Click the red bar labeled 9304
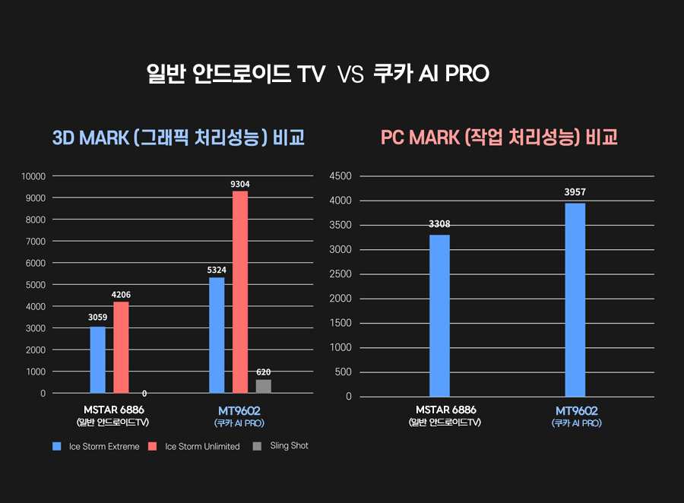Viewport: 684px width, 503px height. (x=240, y=292)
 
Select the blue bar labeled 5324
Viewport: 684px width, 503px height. (x=217, y=335)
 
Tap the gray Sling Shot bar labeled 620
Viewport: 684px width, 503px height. (x=263, y=386)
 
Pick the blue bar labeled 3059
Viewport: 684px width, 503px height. (x=97, y=359)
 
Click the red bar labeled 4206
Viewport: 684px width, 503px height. (x=121, y=347)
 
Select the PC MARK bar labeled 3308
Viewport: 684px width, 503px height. (x=439, y=315)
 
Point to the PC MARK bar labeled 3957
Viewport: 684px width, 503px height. (x=575, y=299)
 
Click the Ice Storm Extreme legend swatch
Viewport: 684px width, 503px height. (x=56, y=446)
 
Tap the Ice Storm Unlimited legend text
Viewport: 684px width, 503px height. (x=202, y=446)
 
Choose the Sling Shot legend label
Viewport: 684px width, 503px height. (x=289, y=445)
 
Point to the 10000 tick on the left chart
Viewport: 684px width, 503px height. (x=34, y=176)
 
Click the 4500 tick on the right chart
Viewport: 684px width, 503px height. (x=339, y=176)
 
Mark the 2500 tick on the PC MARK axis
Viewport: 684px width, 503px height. (x=339, y=274)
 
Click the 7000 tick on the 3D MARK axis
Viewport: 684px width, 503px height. (x=36, y=242)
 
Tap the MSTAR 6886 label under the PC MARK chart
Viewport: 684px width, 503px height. (x=445, y=410)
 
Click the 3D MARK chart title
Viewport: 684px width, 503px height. (x=179, y=138)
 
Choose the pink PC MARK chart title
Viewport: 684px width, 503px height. (x=499, y=137)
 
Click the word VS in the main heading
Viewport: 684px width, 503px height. (x=350, y=75)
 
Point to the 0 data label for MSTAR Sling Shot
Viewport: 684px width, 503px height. (x=144, y=394)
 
